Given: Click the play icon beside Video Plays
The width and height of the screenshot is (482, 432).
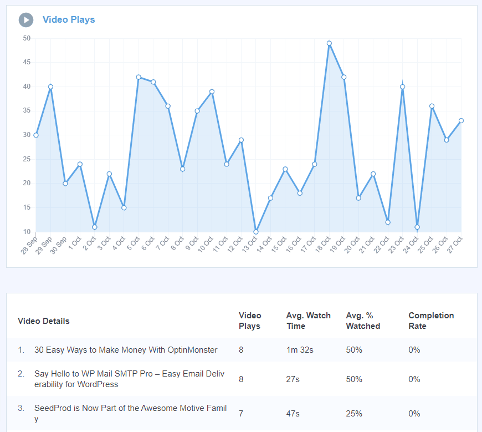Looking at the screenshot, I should point(26,20).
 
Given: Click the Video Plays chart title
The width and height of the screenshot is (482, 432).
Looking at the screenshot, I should point(69,20).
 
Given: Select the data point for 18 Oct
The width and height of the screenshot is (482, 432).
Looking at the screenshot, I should point(329,43).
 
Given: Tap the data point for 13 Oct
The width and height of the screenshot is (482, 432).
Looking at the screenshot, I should point(256,232).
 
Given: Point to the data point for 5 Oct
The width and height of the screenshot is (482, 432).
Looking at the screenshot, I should point(139,77).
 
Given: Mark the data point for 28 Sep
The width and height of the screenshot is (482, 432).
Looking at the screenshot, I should point(36,135).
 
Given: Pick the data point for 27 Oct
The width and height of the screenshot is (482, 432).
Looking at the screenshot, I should point(461,120).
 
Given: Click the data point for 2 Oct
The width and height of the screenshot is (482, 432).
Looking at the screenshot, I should point(95,227).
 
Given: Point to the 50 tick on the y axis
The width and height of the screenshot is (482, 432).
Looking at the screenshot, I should point(27,38).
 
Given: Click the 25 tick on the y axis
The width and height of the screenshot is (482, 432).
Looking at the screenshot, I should point(27,159).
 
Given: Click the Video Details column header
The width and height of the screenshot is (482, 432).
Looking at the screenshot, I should point(44,321).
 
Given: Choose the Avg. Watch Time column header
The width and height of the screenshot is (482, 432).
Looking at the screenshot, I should point(308,321).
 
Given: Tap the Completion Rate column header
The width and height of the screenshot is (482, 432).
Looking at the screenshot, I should point(431,321).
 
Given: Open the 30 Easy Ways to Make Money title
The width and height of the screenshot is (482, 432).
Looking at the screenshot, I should point(126,350).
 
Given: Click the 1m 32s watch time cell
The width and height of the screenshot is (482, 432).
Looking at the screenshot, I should point(299,350).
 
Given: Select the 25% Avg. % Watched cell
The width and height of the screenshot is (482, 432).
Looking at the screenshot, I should point(354,414).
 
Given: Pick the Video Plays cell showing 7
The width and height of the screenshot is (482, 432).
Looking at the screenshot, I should point(241,414).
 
